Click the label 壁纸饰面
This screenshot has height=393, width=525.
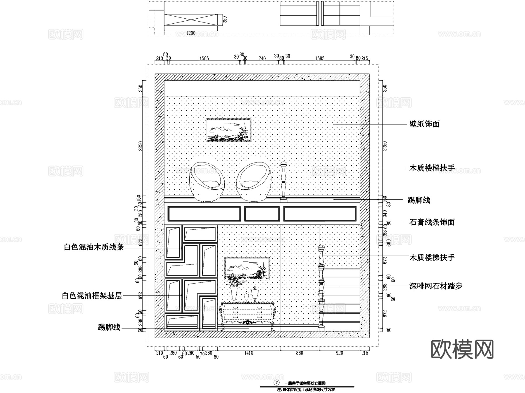click(424, 124)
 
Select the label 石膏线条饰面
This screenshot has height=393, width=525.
click(432, 222)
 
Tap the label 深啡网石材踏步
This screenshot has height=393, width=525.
click(436, 286)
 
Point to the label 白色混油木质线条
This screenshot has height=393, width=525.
click(94, 247)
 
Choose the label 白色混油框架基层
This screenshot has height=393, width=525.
click(92, 296)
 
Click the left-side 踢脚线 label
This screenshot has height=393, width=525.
click(109, 327)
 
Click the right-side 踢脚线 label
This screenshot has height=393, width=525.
click(419, 200)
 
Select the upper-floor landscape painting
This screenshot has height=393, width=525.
click(229, 130)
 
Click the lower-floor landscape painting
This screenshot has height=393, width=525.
click(247, 269)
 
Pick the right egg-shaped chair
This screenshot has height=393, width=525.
click(253, 181)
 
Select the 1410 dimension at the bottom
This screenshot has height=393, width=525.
click(249, 353)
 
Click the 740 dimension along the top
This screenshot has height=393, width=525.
click(262, 58)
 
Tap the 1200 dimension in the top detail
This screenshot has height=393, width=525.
click(190, 33)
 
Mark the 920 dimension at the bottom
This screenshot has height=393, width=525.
click(339, 353)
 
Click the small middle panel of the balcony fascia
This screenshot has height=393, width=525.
click(262, 214)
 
